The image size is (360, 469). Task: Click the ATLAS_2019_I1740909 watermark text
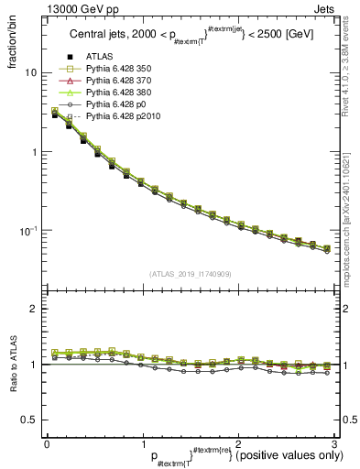[191, 274]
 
